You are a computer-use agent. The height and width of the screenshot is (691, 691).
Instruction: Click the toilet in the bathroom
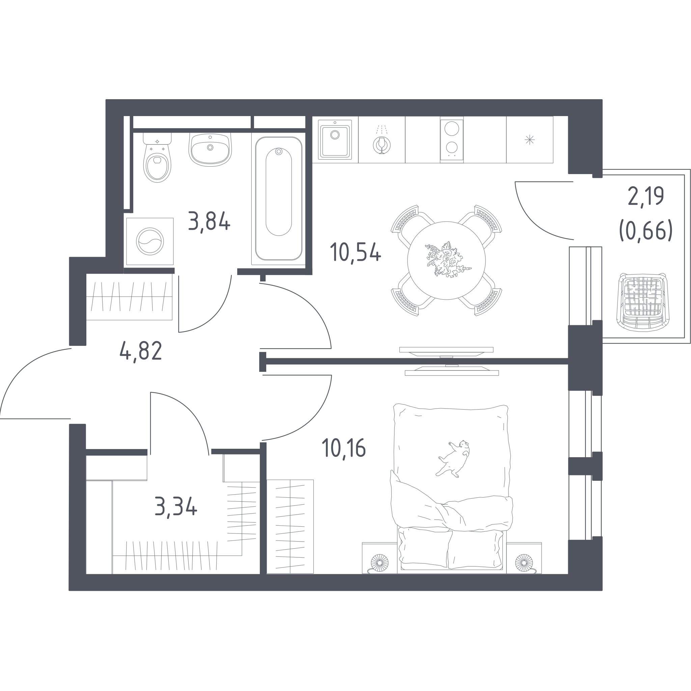click(x=157, y=158)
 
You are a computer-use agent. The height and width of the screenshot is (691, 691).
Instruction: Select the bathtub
click(x=279, y=198)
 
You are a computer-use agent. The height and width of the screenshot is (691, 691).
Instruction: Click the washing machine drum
click(x=150, y=242)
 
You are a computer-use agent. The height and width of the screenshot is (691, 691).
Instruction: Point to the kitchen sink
click(x=335, y=140)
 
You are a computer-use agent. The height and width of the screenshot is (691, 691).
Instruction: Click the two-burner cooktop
click(x=452, y=140)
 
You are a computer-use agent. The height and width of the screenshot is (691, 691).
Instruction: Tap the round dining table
click(x=446, y=260)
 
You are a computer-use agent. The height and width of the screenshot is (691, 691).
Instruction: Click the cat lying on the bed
click(x=452, y=459)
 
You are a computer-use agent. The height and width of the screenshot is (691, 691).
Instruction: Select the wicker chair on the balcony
click(x=643, y=302)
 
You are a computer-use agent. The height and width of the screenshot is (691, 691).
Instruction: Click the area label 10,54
click(x=356, y=252)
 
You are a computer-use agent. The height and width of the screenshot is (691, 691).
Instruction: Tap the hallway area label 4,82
click(x=141, y=351)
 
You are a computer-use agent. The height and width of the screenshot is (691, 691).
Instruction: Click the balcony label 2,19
click(x=645, y=196)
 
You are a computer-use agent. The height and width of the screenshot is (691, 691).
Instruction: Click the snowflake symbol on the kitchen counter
click(x=530, y=139)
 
